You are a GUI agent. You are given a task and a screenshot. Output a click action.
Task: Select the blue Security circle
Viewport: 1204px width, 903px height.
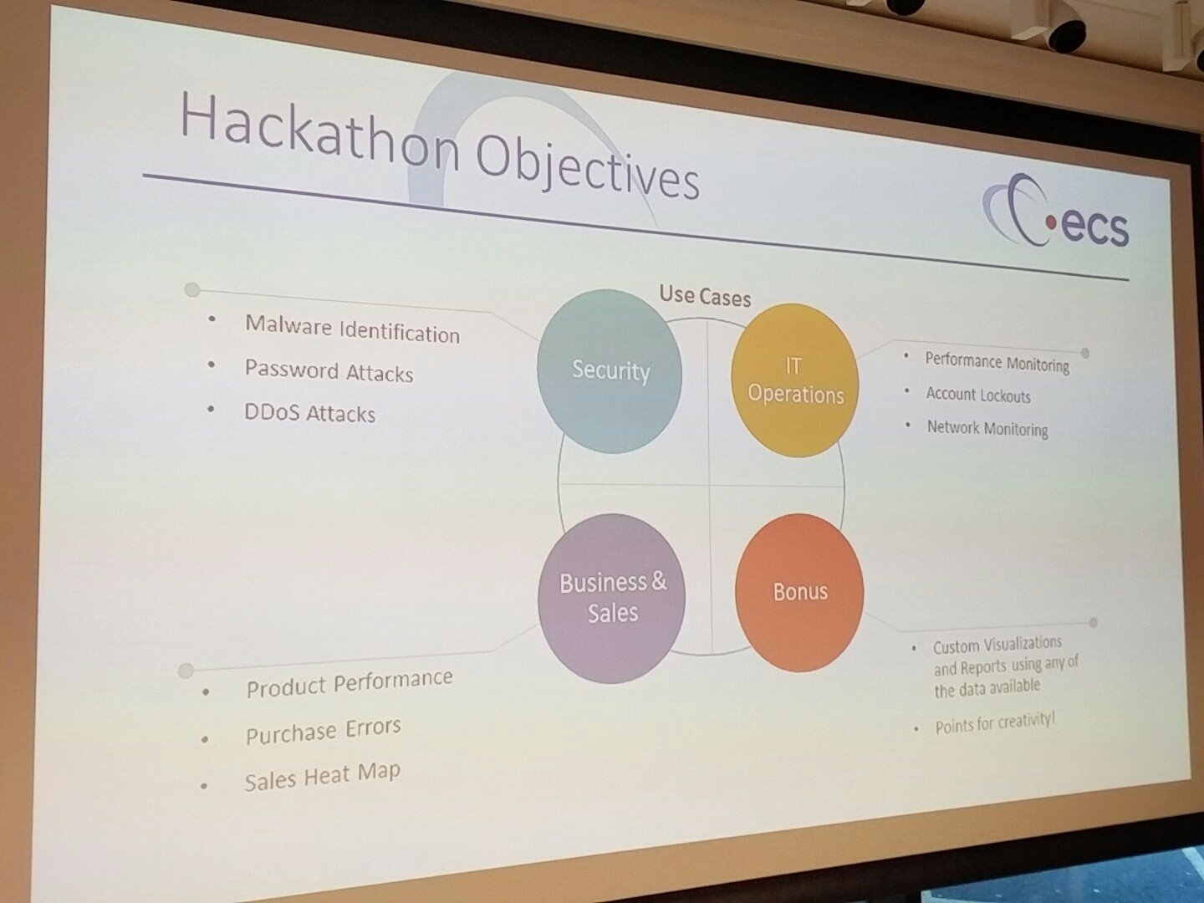(x=610, y=371)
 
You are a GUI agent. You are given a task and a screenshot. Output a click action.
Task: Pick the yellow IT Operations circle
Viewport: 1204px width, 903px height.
(x=795, y=380)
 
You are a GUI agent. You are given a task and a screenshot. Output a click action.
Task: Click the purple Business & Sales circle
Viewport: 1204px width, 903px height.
(x=611, y=598)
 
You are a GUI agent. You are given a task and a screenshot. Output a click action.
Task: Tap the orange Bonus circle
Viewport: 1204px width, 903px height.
(x=799, y=592)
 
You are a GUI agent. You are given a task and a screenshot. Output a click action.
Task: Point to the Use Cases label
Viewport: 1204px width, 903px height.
(x=705, y=296)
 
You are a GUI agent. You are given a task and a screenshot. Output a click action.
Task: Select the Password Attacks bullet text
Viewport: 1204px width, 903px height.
(x=329, y=370)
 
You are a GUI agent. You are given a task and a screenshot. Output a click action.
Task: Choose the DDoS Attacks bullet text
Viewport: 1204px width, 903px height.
(x=310, y=413)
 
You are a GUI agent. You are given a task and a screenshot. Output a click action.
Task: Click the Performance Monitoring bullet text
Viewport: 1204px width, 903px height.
(x=997, y=362)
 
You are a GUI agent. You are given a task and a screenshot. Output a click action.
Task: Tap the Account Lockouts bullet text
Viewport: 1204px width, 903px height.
(x=978, y=395)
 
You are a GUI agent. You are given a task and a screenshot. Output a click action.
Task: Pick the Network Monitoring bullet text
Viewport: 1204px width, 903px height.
(x=987, y=428)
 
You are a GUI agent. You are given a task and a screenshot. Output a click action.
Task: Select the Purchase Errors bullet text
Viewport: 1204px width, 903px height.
(x=323, y=731)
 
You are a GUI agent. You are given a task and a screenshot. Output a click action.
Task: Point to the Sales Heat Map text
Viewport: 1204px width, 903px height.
(x=323, y=777)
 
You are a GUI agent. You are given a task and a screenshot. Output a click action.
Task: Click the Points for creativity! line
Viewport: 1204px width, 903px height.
(x=995, y=724)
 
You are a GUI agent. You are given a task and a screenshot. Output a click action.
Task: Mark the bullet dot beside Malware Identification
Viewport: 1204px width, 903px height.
(x=212, y=319)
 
